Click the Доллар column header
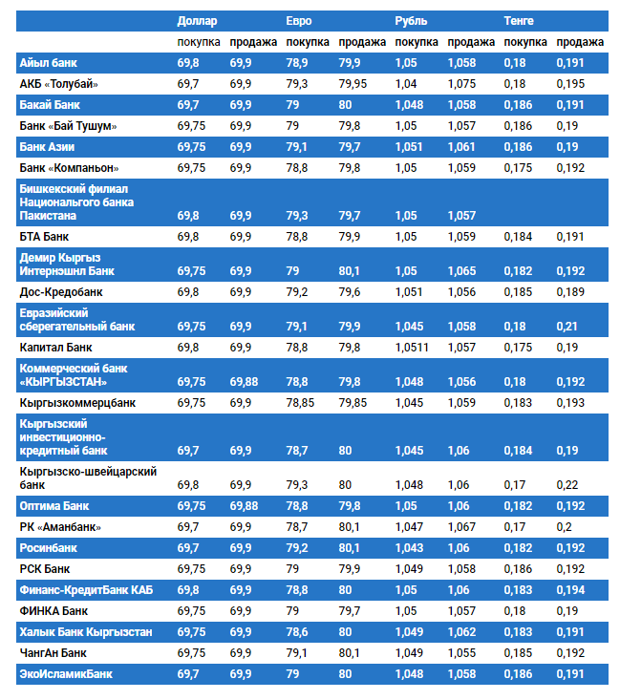(x=198, y=20)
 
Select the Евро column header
(x=299, y=20)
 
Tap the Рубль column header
(x=411, y=20)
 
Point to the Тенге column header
(x=519, y=20)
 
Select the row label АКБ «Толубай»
(x=59, y=83)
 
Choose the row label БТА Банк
(x=45, y=236)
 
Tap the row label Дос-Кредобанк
(x=61, y=291)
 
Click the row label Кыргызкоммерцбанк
(x=77, y=403)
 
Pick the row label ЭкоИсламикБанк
(x=66, y=674)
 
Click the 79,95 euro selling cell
(x=353, y=83)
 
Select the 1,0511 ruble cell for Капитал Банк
(x=414, y=347)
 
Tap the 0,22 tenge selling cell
(x=567, y=485)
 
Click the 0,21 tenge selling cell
(x=567, y=326)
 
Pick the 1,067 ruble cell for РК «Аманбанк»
(x=461, y=526)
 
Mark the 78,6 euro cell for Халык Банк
(x=297, y=632)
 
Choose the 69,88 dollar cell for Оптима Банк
(x=244, y=505)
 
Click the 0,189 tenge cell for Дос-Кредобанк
(x=569, y=291)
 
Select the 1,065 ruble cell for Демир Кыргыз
(x=461, y=270)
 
